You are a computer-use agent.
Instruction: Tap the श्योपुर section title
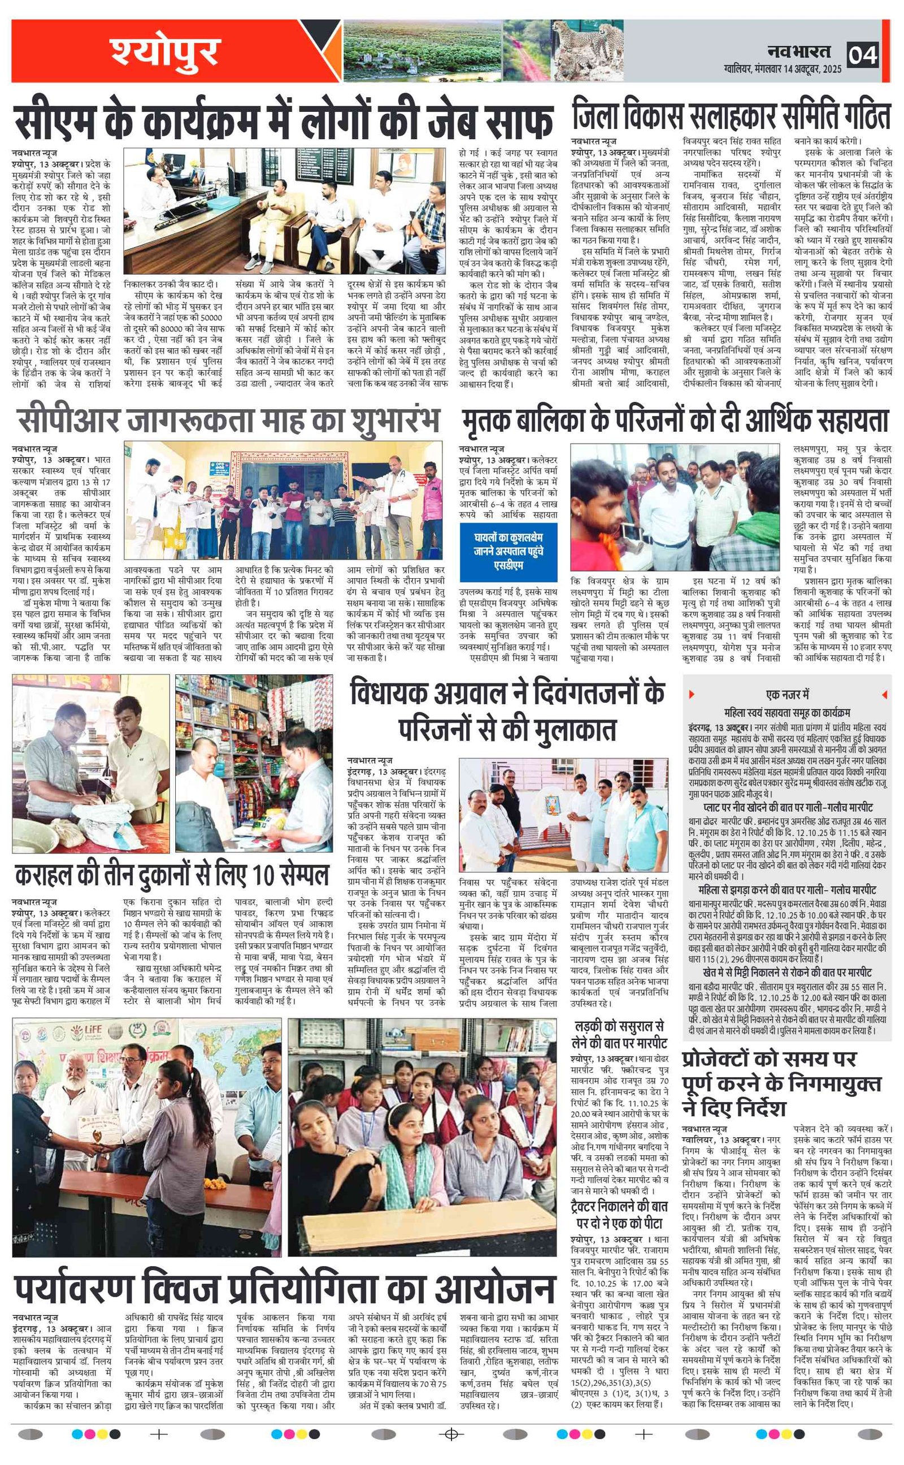[x=166, y=51]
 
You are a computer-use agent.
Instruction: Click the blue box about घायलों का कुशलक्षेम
[x=508, y=552]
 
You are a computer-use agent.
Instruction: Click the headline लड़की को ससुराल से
[x=619, y=1034]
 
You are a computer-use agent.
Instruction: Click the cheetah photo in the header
[x=586, y=50]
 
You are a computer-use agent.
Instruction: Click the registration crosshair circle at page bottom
[x=452, y=1446]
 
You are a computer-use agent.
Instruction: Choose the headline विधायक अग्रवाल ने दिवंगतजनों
[x=507, y=712]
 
